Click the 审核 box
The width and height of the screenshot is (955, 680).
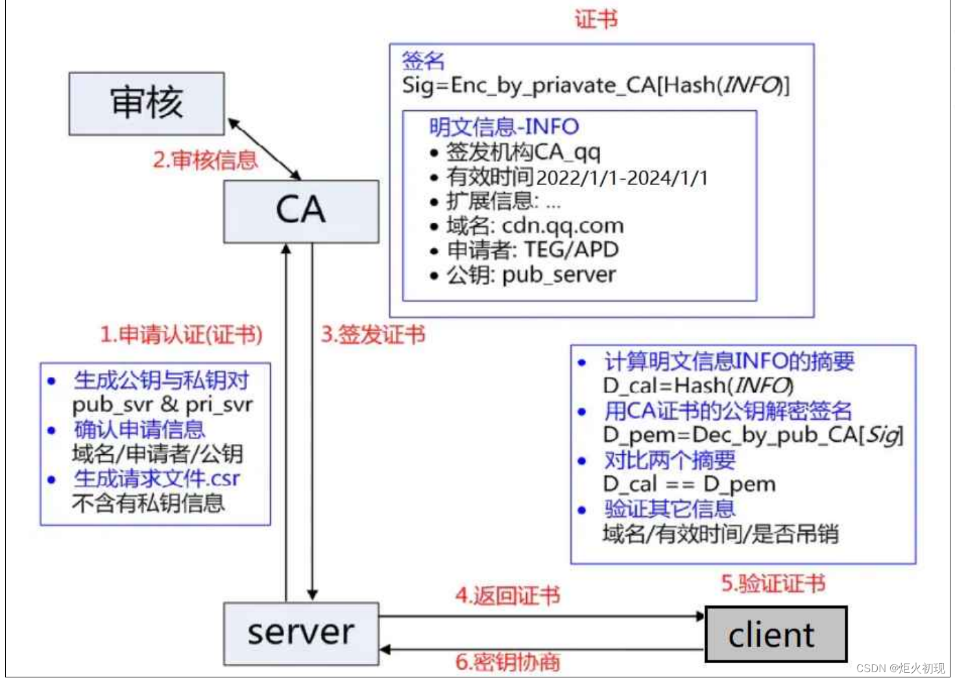point(147,103)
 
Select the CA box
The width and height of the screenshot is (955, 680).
point(301,211)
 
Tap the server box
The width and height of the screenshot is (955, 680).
point(301,633)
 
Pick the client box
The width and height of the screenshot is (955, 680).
point(775,635)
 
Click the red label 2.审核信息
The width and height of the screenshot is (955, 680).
point(205,160)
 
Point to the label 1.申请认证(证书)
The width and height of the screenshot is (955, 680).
point(181,335)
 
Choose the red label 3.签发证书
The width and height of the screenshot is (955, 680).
point(373,335)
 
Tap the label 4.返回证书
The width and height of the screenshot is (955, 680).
point(507,596)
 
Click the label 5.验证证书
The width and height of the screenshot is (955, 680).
point(773,583)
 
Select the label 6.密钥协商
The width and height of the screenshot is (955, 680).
point(507,662)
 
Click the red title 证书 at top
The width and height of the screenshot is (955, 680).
point(596,19)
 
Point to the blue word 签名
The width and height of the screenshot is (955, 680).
point(423,60)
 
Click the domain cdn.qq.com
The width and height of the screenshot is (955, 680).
point(562,226)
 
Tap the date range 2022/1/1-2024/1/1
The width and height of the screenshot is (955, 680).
point(622,178)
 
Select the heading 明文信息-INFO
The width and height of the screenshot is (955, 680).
point(503,127)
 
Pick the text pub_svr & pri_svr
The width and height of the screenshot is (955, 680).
point(162,405)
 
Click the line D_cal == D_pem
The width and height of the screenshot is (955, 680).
point(689,484)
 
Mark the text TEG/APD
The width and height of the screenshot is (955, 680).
point(571,250)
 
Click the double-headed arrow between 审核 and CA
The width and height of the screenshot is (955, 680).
point(264,149)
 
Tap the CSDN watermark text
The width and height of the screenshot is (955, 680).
point(900,668)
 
